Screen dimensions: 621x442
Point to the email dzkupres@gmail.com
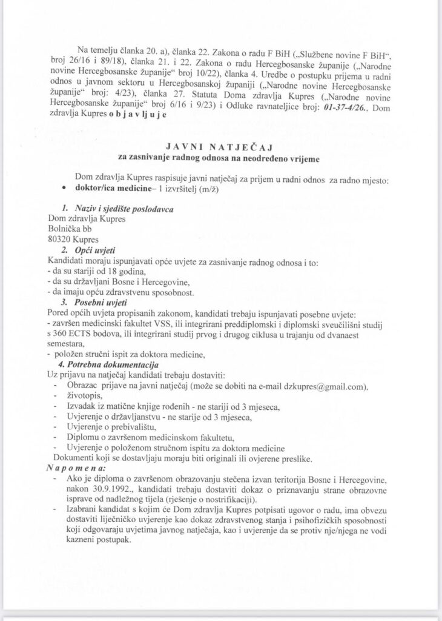pyautogui.click(x=326, y=387)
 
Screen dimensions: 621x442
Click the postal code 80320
pyautogui.click(x=60, y=240)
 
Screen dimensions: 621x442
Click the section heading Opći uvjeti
pyautogui.click(x=95, y=250)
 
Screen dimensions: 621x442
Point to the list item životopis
pyautogui.click(x=88, y=397)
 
